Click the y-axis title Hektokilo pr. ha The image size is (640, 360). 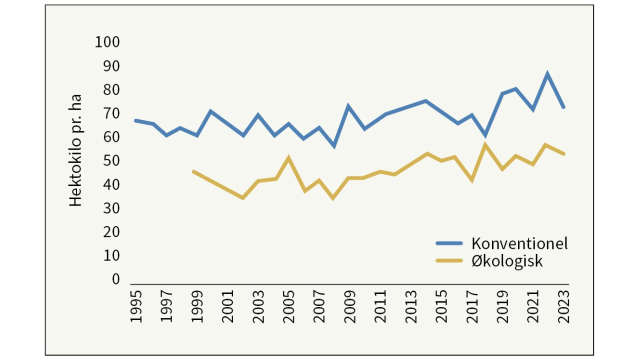pos(75,150)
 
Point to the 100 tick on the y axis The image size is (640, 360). pos(107,42)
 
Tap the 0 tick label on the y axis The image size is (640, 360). pos(116,279)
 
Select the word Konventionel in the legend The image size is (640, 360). pos(519,243)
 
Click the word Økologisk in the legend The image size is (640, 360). pos(506,261)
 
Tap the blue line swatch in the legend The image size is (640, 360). pos(449,243)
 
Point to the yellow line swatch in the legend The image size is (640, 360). pos(449,260)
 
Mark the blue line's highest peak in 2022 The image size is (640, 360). pos(548,74)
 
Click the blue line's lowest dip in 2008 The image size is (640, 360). pos(334,146)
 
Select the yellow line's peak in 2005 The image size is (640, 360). pos(288,158)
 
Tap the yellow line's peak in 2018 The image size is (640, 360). pos(484,145)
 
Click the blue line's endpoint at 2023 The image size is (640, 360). pos(563,107)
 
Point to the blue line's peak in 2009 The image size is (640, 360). pos(348,106)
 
